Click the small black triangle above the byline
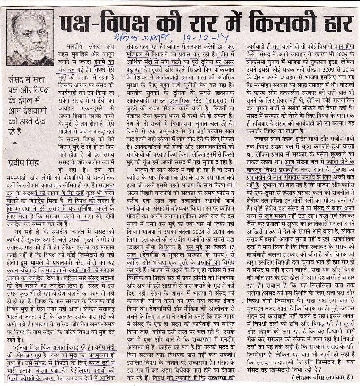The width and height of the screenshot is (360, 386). point(14,142)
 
